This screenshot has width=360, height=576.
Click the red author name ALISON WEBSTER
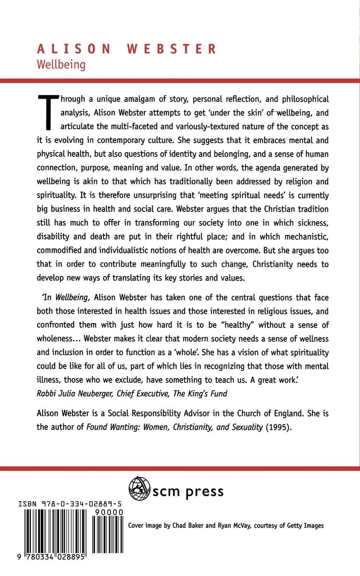[x=126, y=49]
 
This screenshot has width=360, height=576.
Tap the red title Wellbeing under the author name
[x=61, y=64]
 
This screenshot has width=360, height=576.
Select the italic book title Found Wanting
[x=111, y=427]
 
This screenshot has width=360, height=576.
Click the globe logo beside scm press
[x=139, y=489]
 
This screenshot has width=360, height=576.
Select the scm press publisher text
[x=188, y=491]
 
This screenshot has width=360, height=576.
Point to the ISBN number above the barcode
[x=71, y=504]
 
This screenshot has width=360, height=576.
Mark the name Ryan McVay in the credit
[x=233, y=526]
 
